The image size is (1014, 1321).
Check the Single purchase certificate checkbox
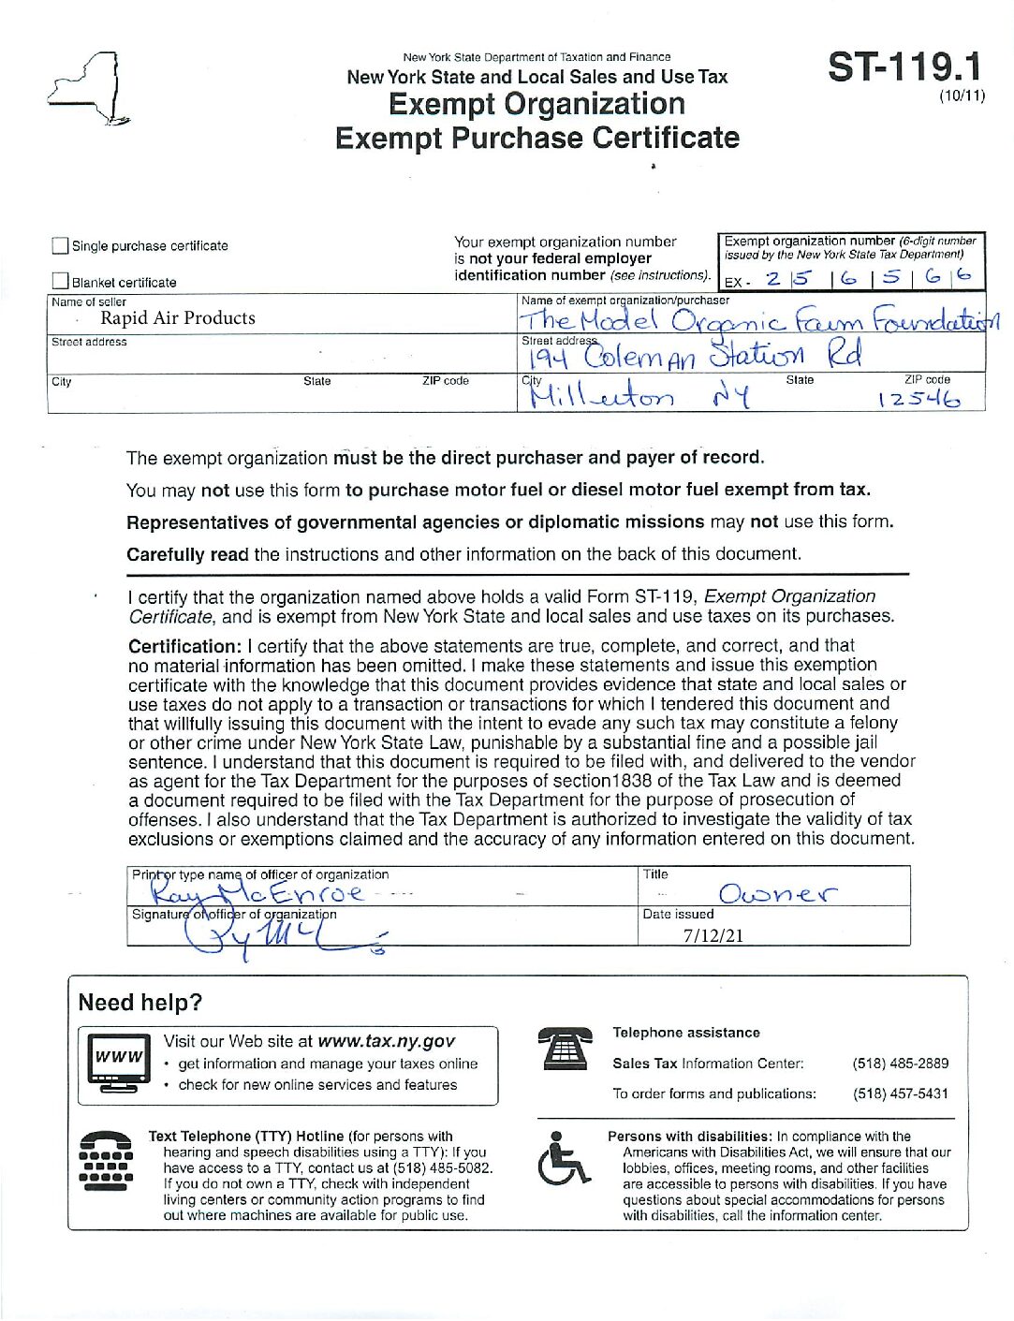tap(61, 246)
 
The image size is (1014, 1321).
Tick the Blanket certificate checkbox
tap(61, 281)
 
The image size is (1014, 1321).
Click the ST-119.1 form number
tap(904, 67)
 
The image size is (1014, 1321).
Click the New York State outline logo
tap(86, 89)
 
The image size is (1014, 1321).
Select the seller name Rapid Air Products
tap(178, 318)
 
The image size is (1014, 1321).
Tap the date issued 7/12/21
tap(713, 934)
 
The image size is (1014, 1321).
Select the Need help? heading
tap(140, 1003)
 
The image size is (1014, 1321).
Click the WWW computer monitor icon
tap(118, 1062)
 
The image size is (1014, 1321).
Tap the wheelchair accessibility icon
tap(563, 1158)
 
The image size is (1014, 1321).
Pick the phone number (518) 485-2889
tap(900, 1064)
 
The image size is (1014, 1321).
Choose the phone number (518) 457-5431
tap(900, 1093)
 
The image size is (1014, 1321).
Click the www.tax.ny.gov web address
tap(386, 1041)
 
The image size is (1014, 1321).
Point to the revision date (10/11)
tap(962, 95)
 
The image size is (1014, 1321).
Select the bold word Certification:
tap(184, 646)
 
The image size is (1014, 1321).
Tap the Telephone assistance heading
tap(686, 1033)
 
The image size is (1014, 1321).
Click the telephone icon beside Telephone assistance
tap(565, 1049)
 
